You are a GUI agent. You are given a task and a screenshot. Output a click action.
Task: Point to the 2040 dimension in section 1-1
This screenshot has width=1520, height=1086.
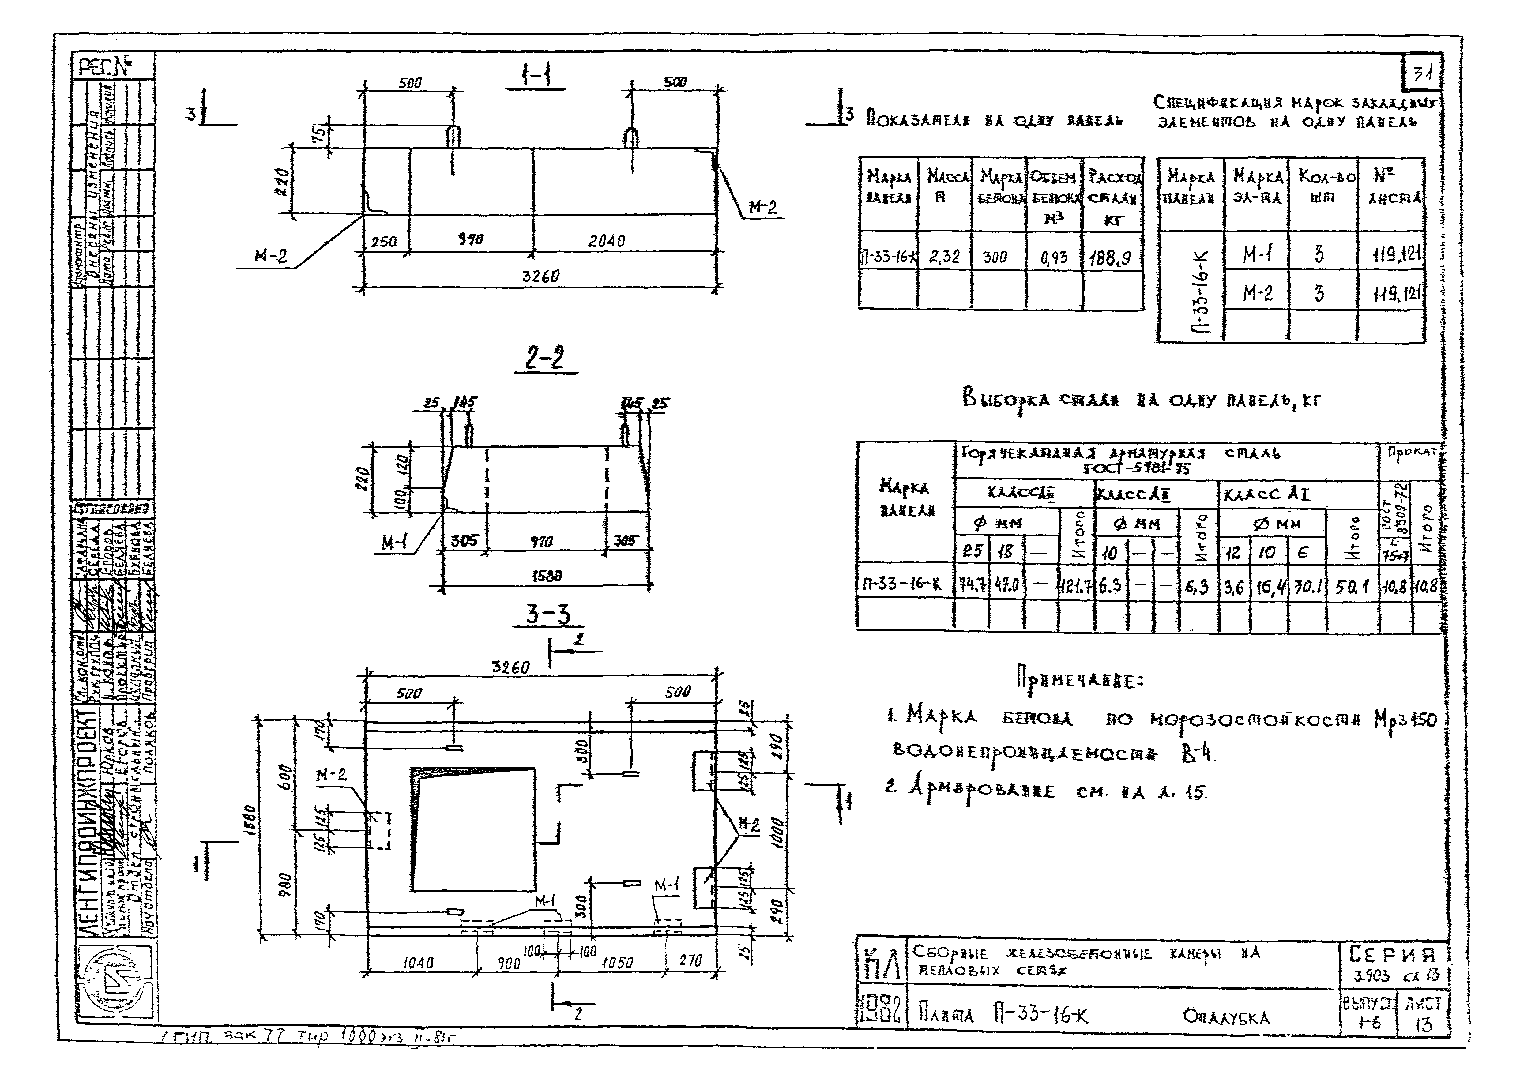pyautogui.click(x=607, y=241)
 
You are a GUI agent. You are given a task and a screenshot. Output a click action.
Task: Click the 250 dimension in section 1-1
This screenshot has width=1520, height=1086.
pyautogui.click(x=384, y=241)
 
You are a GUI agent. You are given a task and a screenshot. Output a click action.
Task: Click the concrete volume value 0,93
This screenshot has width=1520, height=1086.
pyautogui.click(x=1054, y=257)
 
